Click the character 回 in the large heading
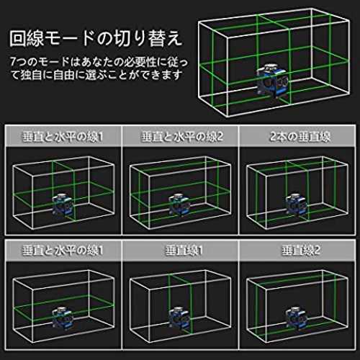click(x=18, y=38)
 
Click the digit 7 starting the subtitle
click(x=14, y=62)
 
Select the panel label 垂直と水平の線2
click(x=182, y=137)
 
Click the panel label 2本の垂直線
click(x=300, y=137)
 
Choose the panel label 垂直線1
click(x=184, y=251)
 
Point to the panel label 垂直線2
click(x=301, y=251)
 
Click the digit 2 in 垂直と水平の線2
click(x=220, y=137)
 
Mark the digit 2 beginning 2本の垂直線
click(x=274, y=137)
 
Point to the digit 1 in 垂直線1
click(x=200, y=251)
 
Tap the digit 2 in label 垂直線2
click(x=317, y=251)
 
